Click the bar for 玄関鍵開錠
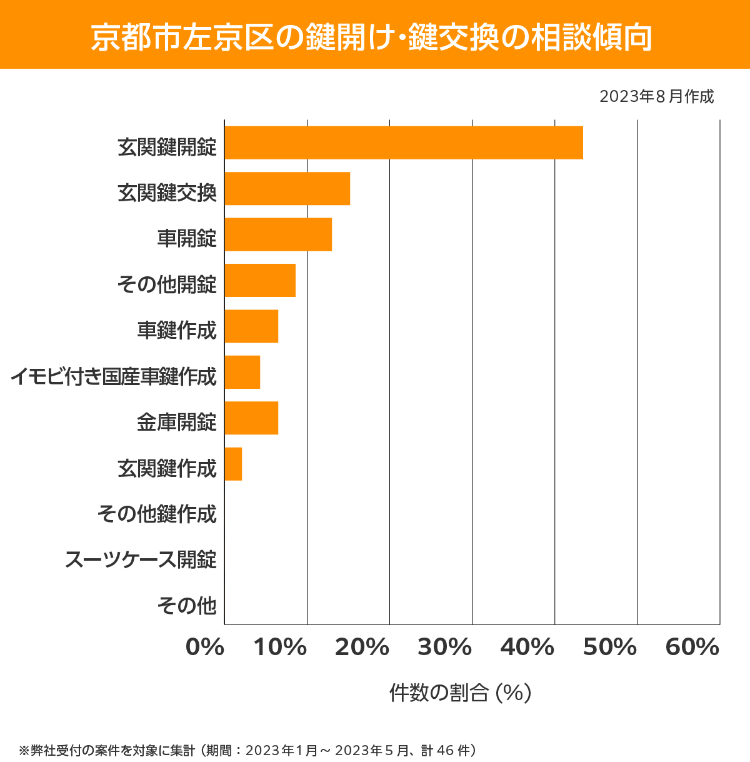[x=404, y=143]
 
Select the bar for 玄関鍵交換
[x=287, y=188]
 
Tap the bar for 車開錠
[x=278, y=234]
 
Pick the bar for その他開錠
[x=260, y=280]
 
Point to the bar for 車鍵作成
[x=251, y=326]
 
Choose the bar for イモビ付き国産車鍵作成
[x=242, y=372]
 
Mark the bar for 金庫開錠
[x=251, y=418]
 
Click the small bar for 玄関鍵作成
[x=233, y=464]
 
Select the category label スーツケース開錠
[x=141, y=559]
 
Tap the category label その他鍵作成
[x=157, y=514]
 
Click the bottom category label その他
[x=187, y=605]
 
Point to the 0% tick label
[x=205, y=648]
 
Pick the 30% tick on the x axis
[x=444, y=648]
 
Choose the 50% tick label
[x=609, y=648]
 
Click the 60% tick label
[x=692, y=648]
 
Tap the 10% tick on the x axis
[x=280, y=648]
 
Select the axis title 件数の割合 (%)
[x=460, y=693]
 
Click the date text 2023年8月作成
[x=656, y=97]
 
